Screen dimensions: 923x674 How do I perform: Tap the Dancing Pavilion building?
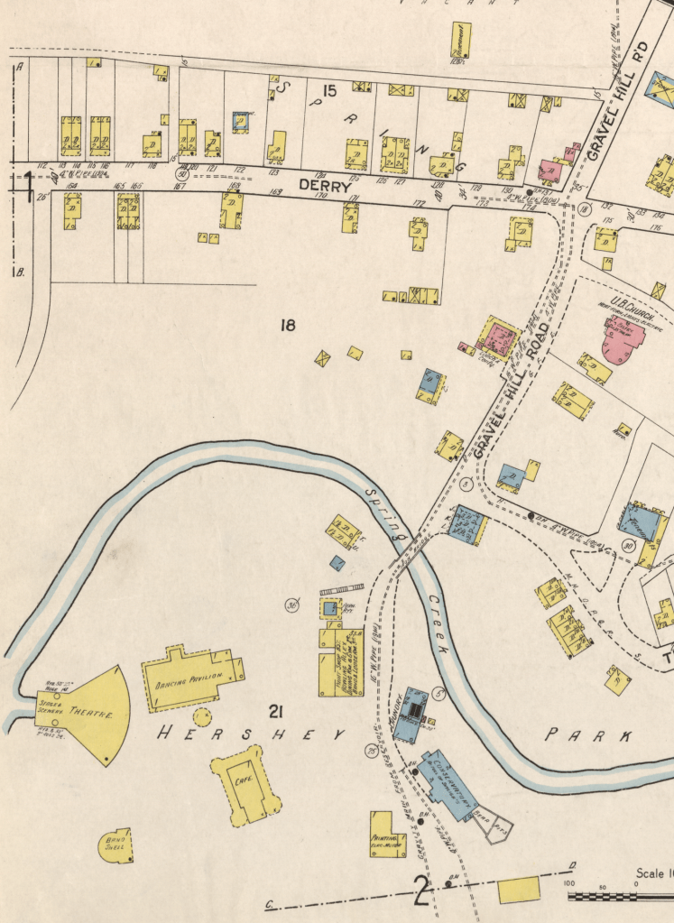click(x=190, y=678)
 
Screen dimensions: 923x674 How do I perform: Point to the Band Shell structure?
click(x=115, y=845)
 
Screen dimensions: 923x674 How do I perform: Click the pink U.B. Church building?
click(x=623, y=338)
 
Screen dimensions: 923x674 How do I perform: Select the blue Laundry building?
click(x=414, y=709)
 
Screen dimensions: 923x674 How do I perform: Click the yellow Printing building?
click(x=387, y=835)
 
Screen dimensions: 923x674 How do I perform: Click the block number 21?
click(x=277, y=714)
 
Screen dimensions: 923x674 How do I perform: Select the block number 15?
click(x=328, y=90)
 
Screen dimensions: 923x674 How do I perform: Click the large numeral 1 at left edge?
click(x=29, y=185)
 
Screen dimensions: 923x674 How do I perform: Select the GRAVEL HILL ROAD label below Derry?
click(x=510, y=389)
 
